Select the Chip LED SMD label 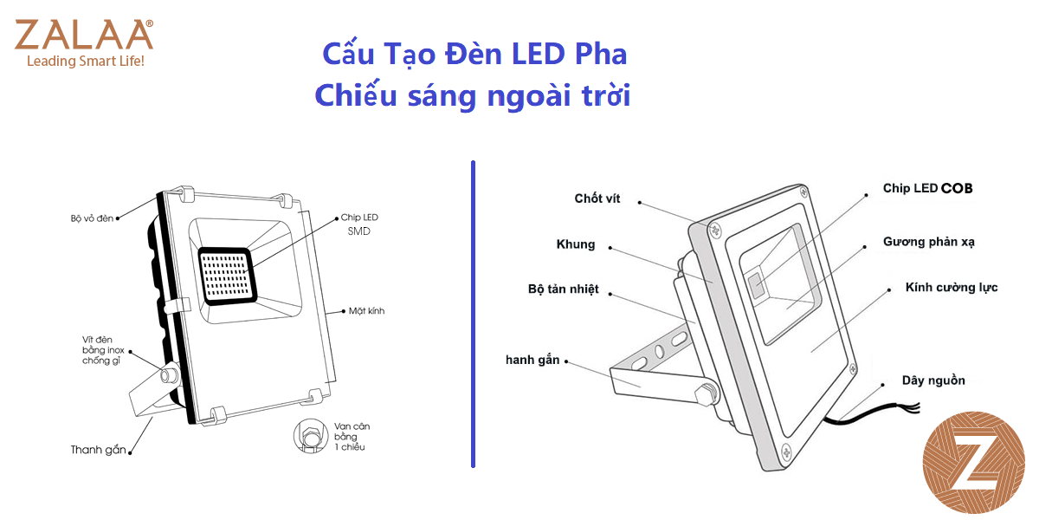pos(358,224)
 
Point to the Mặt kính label pos(366,310)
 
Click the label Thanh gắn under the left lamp pos(99,450)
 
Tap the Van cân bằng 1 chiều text pos(350,437)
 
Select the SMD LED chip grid pos(227,275)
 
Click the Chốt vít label pos(597,198)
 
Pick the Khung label pos(576,244)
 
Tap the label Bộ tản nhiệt pos(563,289)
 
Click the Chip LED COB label pos(933,188)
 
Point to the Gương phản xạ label pos(929,242)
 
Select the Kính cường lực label pos(951,287)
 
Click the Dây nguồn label pos(933,380)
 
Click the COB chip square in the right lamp pos(756,283)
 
